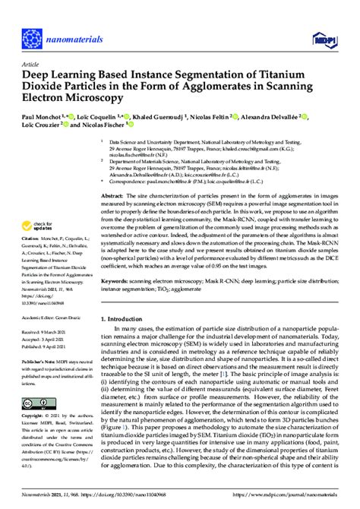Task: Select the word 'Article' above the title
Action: (x=30, y=65)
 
